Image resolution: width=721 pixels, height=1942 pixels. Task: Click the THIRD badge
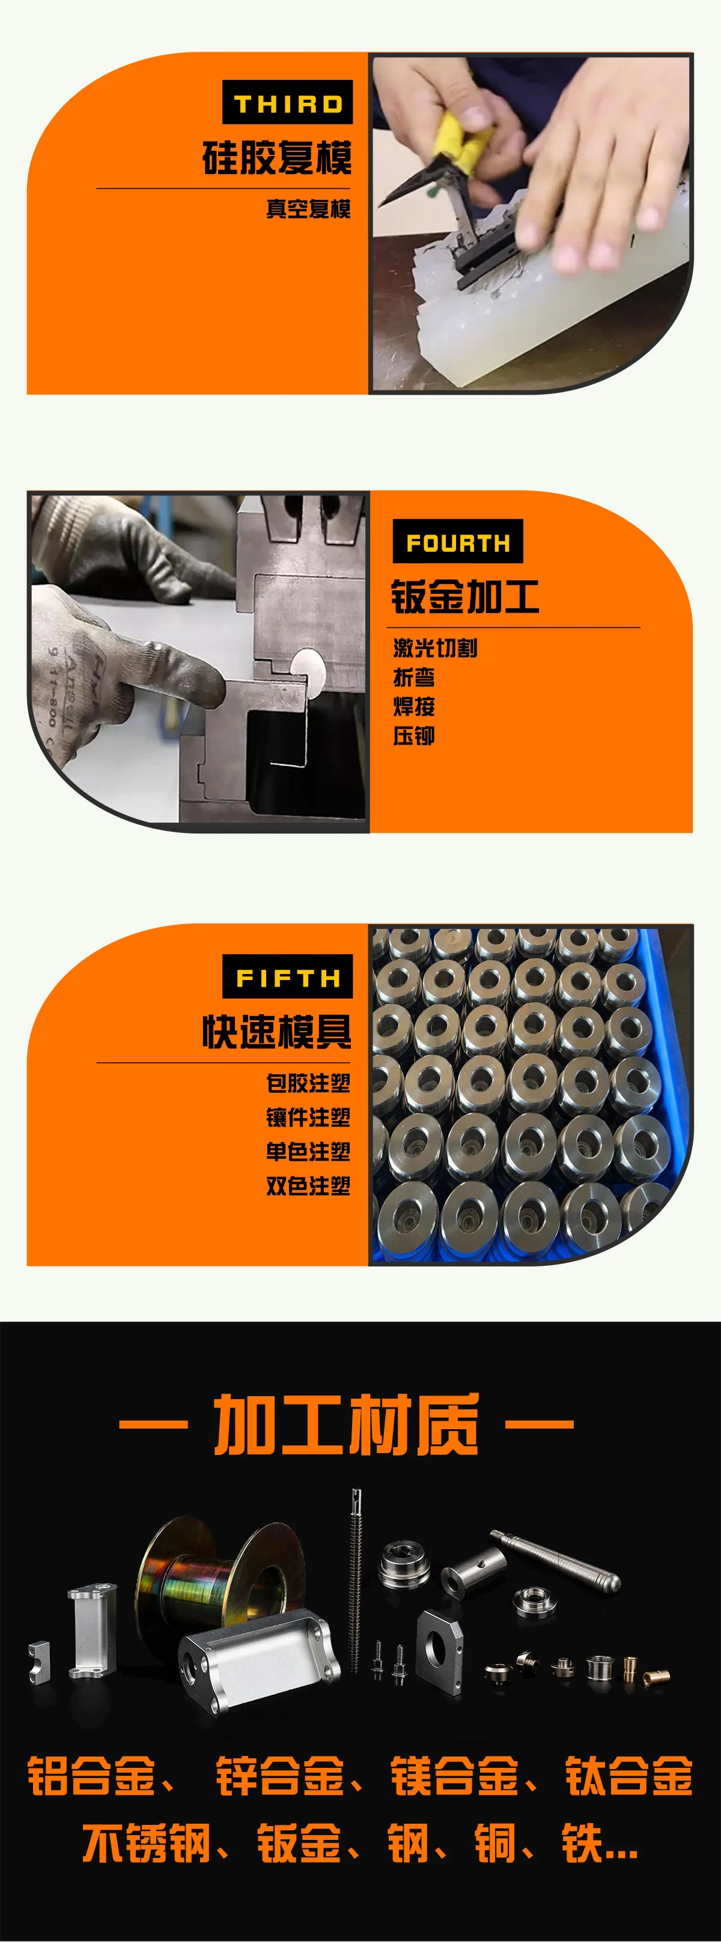pyautogui.click(x=287, y=103)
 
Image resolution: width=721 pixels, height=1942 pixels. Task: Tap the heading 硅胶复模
pyautogui.click(x=277, y=157)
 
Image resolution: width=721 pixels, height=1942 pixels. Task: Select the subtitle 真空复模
pyautogui.click(x=308, y=209)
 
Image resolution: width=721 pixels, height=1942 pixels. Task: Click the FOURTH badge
pyautogui.click(x=458, y=542)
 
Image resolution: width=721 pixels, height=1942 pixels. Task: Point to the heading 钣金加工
pyautogui.click(x=464, y=596)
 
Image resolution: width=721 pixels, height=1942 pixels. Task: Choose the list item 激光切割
pyautogui.click(x=434, y=647)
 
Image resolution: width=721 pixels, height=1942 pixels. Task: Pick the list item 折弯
pyautogui.click(x=413, y=677)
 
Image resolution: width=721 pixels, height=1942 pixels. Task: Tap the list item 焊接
pyautogui.click(x=413, y=706)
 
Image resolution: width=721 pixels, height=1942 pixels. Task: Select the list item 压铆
pyautogui.click(x=413, y=736)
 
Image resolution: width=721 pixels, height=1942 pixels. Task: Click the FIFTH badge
pyautogui.click(x=287, y=977)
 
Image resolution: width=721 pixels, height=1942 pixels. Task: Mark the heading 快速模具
pyautogui.click(x=277, y=1031)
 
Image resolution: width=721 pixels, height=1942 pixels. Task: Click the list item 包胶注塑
pyautogui.click(x=308, y=1083)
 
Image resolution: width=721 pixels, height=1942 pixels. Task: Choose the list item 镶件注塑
pyautogui.click(x=308, y=1118)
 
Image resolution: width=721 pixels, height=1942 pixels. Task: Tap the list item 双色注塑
pyautogui.click(x=308, y=1186)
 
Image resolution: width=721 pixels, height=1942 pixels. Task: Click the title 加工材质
pyautogui.click(x=346, y=1424)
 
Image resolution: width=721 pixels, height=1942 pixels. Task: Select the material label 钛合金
pyautogui.click(x=628, y=1776)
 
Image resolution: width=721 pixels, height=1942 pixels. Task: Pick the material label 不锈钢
pyautogui.click(x=145, y=1844)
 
